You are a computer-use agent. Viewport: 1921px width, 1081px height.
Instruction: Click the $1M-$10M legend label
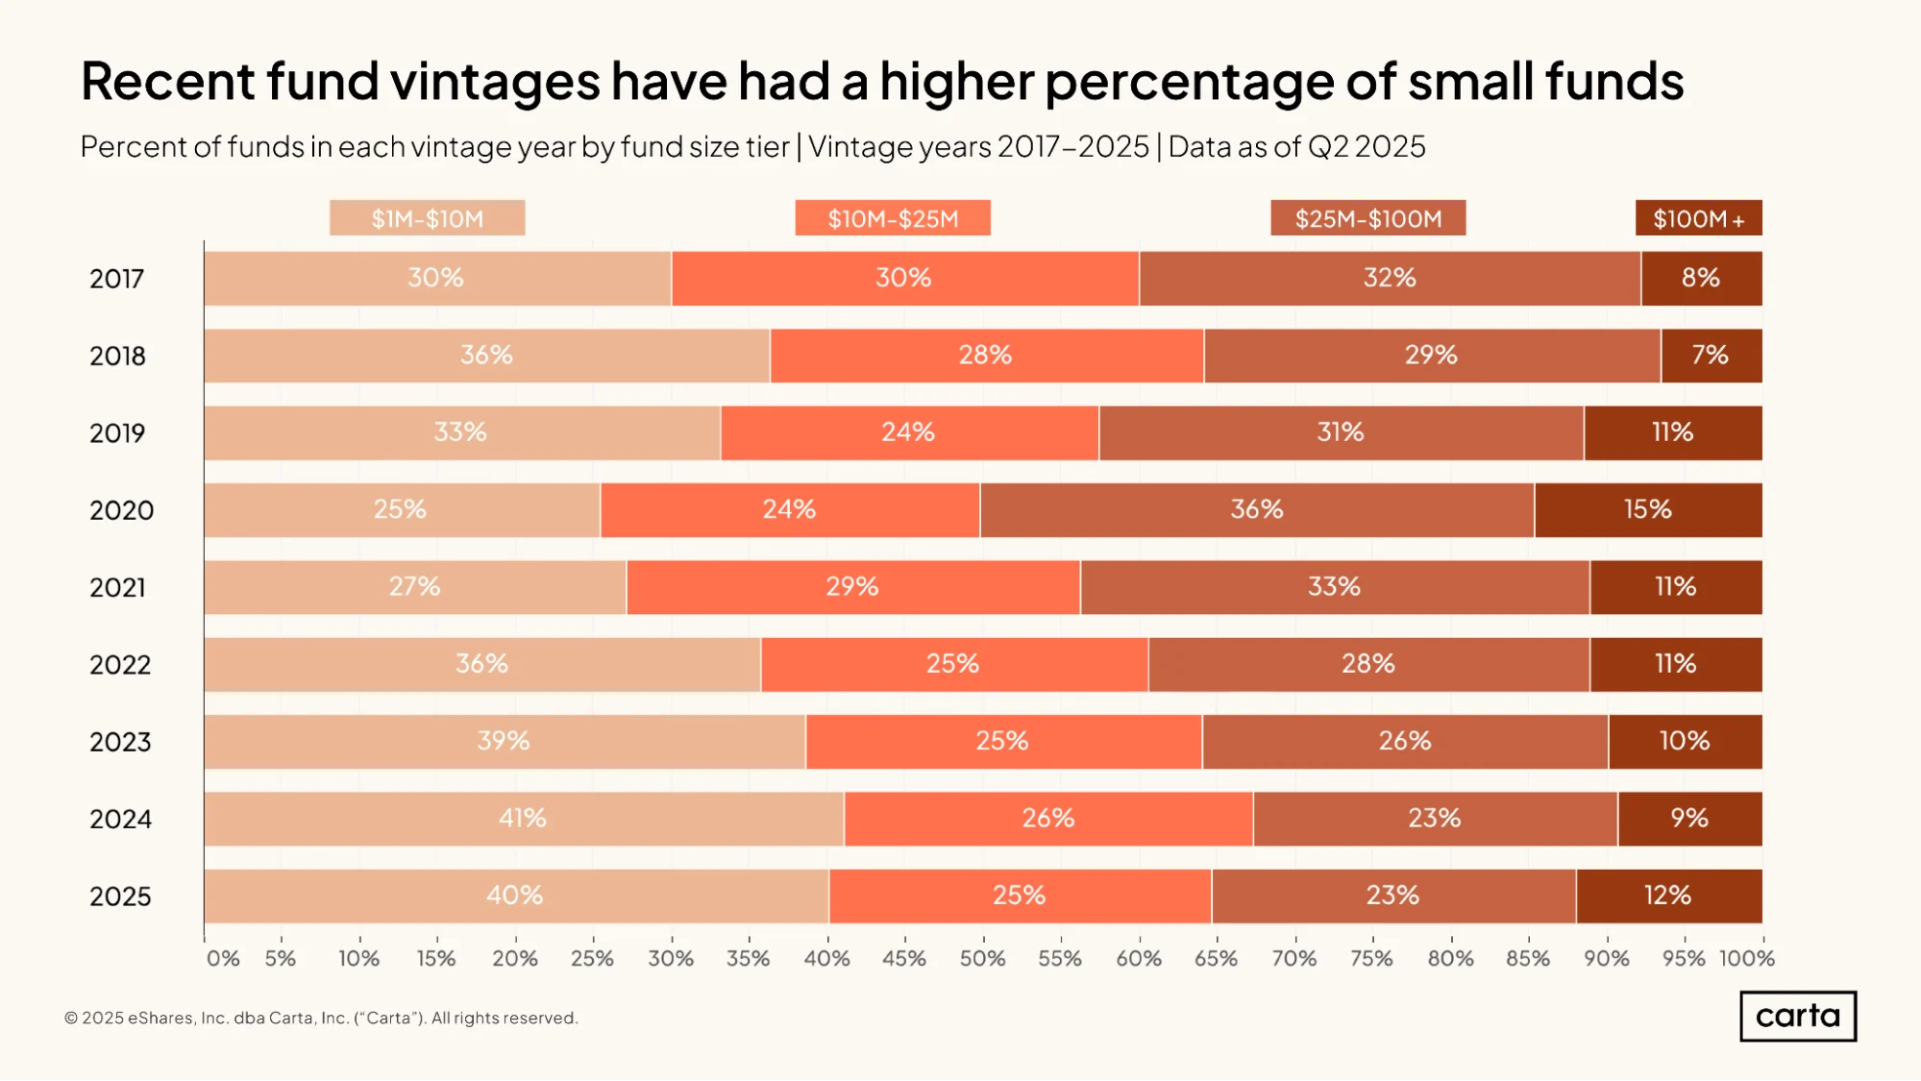428,218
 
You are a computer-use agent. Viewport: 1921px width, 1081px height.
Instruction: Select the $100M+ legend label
1699,218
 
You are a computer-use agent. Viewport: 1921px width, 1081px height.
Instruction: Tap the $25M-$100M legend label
1368,218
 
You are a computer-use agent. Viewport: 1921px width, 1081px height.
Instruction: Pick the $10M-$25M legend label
893,218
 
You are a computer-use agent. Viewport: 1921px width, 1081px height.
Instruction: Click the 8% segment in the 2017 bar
1702,279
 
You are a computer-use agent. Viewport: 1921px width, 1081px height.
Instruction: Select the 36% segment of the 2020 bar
1257,510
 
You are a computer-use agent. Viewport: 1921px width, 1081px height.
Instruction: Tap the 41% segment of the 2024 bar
524,819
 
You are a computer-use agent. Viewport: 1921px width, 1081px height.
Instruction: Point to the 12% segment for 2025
1669,897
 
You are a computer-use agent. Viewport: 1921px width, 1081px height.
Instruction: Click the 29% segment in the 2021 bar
853,587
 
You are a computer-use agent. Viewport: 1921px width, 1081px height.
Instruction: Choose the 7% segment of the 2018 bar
1712,356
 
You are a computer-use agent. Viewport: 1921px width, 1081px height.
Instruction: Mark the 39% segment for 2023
505,742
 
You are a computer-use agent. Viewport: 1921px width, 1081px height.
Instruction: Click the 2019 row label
117,433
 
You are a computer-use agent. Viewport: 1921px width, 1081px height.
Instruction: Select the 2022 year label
120,665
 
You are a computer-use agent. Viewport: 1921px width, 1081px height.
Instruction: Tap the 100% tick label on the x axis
1747,958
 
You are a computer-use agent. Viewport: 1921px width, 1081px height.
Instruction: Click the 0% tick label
223,958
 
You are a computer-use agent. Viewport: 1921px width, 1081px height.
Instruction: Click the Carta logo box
1798,1016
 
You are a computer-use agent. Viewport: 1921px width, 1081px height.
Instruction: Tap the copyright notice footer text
321,1018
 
